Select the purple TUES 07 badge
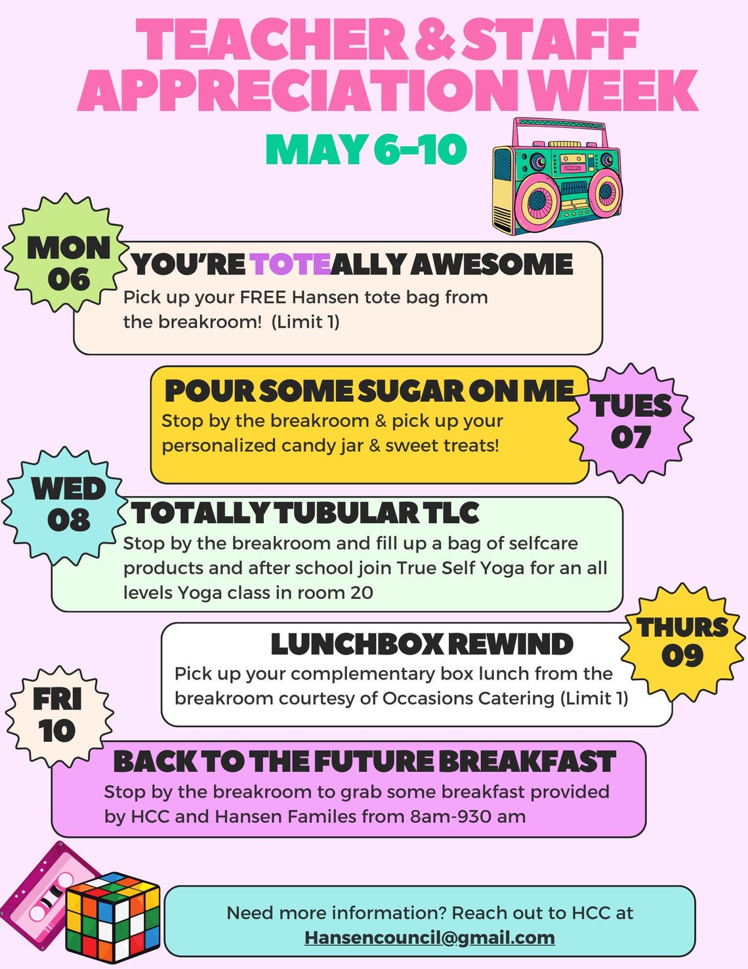coord(631,423)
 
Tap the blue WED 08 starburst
coord(67,505)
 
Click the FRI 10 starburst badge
coord(58,715)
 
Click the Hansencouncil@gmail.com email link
coord(430,937)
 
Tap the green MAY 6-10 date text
coord(365,150)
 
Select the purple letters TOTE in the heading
coord(289,265)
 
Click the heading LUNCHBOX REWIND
coord(422,644)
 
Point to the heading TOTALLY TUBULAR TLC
coord(305,513)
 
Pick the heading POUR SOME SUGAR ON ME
coord(369,391)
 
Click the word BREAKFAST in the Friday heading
coord(527,762)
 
